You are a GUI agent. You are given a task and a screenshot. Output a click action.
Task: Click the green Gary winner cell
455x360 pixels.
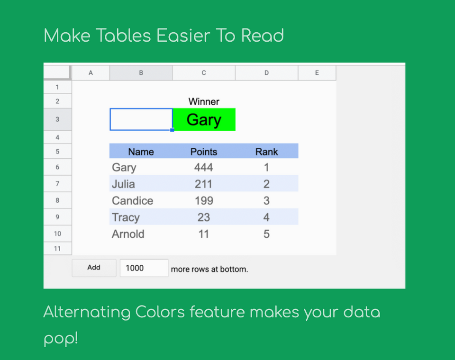pos(204,119)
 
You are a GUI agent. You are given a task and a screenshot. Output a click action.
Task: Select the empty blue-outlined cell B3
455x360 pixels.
pos(141,119)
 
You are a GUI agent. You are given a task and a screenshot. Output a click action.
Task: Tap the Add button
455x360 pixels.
pos(94,268)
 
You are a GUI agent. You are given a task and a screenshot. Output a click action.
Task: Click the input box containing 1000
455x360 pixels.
pos(144,268)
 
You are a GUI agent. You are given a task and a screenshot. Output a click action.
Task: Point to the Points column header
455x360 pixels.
pos(204,152)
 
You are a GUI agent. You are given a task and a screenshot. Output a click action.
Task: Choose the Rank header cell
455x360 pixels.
pos(266,152)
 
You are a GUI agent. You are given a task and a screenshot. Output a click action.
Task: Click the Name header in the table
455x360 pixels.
pos(141,152)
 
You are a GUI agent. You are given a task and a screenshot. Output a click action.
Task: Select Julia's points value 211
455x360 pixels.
pos(204,184)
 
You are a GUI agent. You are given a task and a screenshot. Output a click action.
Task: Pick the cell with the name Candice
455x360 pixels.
pos(133,200)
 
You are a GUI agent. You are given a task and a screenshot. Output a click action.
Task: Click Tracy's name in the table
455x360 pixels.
pos(126,217)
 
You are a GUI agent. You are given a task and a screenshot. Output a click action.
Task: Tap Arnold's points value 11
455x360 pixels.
pos(204,234)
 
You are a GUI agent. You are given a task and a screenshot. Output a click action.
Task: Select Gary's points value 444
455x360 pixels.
pos(204,167)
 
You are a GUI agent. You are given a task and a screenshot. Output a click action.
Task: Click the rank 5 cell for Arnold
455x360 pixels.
pos(266,234)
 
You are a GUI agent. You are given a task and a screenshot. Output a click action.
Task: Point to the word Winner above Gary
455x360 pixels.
pos(204,101)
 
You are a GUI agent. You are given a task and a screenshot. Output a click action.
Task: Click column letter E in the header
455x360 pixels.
pos(317,73)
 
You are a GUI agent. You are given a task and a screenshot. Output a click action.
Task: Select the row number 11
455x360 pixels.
pos(57,249)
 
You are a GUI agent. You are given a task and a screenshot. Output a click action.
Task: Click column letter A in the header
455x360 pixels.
pos(91,73)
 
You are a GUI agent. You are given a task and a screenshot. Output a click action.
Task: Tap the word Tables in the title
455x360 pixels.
pos(123,36)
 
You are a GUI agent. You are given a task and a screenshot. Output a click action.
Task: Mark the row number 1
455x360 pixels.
pos(57,87)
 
